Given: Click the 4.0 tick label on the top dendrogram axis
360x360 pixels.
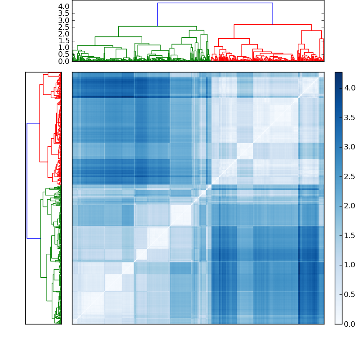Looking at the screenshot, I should [64, 7].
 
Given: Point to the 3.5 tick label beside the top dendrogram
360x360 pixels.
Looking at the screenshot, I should [64, 13].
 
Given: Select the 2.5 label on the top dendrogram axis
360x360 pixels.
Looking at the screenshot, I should [64, 27].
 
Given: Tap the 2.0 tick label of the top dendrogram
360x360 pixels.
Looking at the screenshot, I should [64, 34].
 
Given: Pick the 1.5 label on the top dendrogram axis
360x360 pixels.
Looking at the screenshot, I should [64, 40].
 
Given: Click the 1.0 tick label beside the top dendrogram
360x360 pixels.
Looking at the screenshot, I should [64, 48].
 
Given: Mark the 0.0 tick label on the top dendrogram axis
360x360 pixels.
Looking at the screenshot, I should [64, 61].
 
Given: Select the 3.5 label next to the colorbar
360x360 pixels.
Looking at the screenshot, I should [350, 117].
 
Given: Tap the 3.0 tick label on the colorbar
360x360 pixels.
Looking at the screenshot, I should [350, 147].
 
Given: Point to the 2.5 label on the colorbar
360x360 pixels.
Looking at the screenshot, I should [350, 176].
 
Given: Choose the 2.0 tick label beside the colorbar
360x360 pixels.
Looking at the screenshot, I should [350, 206].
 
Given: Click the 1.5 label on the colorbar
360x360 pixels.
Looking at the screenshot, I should [350, 235].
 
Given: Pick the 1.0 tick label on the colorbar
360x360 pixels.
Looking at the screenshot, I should [350, 265].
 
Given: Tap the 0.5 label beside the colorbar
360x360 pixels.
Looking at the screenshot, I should [350, 294].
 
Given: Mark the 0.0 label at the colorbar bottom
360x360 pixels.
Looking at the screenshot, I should [350, 324].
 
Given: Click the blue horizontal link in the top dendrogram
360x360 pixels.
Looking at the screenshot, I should [215, 3].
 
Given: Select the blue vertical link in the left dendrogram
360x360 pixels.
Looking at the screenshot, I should [27, 180].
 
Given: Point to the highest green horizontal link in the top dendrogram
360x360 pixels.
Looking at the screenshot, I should [157, 26].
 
